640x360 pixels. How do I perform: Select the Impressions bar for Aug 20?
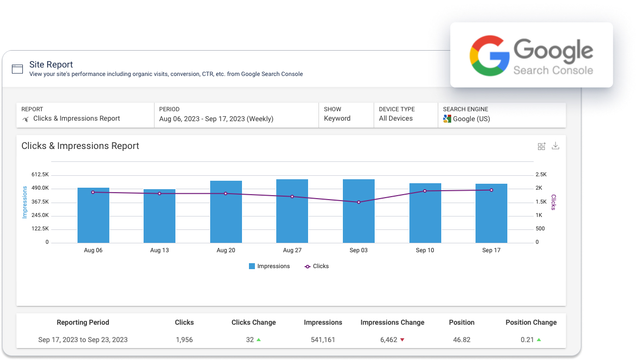(x=226, y=212)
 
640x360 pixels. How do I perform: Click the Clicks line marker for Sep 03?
(x=359, y=202)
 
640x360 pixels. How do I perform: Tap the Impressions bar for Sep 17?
(x=491, y=213)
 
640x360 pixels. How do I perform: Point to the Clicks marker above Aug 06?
(x=93, y=192)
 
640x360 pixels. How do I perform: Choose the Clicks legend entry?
(x=317, y=266)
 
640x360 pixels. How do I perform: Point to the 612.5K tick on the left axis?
(x=40, y=175)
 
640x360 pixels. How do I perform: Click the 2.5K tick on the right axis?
(x=541, y=175)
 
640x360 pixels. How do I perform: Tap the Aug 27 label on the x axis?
(x=292, y=250)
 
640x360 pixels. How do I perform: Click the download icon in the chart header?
(x=556, y=146)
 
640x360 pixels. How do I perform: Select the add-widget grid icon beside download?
(x=542, y=146)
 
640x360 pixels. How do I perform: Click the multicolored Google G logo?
(x=489, y=56)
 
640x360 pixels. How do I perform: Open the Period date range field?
(x=216, y=119)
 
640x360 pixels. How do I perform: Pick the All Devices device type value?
(x=396, y=119)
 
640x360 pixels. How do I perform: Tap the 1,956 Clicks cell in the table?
(x=184, y=340)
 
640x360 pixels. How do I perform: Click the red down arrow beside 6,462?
(x=402, y=340)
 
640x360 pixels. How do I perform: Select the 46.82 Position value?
(x=462, y=340)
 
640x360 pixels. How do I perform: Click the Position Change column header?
(x=531, y=322)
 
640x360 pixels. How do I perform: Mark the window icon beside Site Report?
(x=17, y=69)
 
